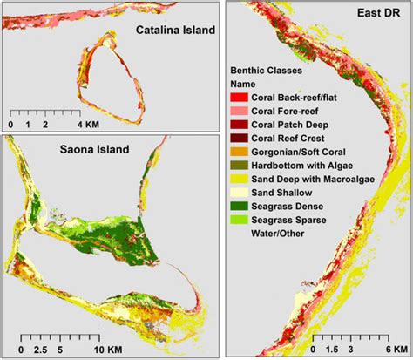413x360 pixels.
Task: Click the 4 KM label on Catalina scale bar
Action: [91, 124]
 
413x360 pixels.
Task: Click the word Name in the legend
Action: [243, 82]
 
